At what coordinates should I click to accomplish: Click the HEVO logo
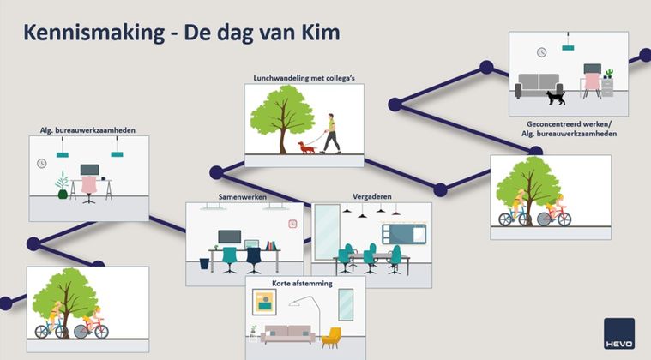click(619, 333)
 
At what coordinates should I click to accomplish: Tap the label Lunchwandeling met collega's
click(304, 79)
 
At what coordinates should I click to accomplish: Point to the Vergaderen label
click(371, 197)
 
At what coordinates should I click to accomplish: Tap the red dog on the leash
click(307, 148)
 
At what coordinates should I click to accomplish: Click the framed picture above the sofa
click(265, 302)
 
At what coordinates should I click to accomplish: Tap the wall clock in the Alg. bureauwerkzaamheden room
click(42, 163)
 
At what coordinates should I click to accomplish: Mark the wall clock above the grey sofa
click(542, 52)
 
